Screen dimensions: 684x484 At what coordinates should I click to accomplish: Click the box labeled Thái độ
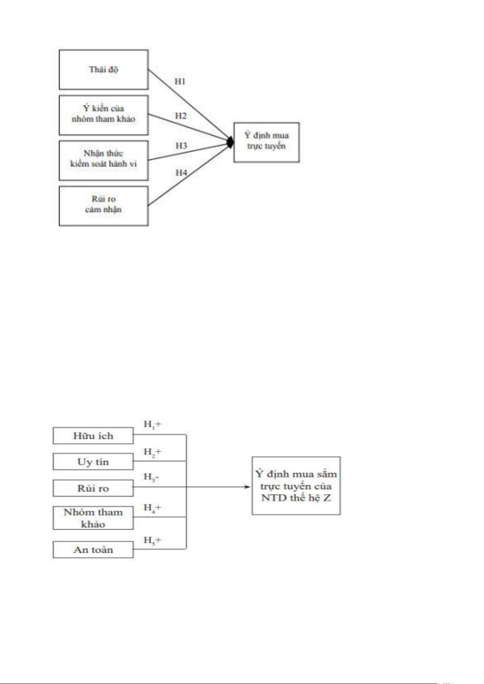point(104,69)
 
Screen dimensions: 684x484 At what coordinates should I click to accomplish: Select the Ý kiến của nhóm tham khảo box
point(104,115)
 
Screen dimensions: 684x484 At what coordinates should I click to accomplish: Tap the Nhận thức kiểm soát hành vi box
point(104,160)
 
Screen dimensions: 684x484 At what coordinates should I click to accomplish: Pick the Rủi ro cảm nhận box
point(104,206)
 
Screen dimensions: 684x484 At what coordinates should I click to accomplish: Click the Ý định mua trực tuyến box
point(266,142)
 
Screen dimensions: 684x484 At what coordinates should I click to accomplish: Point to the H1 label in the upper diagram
point(180,82)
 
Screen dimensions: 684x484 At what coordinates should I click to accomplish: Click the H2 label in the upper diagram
point(181,116)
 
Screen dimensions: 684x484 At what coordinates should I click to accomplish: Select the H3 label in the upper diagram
point(181,146)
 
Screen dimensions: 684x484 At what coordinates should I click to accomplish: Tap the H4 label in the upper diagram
point(181,173)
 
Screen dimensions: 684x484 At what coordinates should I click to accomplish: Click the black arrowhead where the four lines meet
point(230,142)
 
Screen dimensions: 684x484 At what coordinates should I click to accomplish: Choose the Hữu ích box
point(93,436)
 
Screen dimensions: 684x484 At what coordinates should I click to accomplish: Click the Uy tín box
point(93,462)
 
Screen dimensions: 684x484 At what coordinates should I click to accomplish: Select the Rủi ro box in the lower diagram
point(93,488)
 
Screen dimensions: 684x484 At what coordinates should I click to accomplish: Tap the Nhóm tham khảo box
point(93,518)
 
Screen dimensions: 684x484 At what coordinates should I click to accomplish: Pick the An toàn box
point(93,550)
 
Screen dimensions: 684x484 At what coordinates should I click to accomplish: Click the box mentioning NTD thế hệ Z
point(296,486)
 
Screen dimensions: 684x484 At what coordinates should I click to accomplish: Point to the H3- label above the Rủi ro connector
point(151,477)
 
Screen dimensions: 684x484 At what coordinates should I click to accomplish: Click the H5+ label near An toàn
point(152,540)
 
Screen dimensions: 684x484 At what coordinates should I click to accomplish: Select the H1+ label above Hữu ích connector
point(152,425)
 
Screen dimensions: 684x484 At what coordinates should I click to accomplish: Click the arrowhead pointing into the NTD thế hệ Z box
point(248,487)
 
